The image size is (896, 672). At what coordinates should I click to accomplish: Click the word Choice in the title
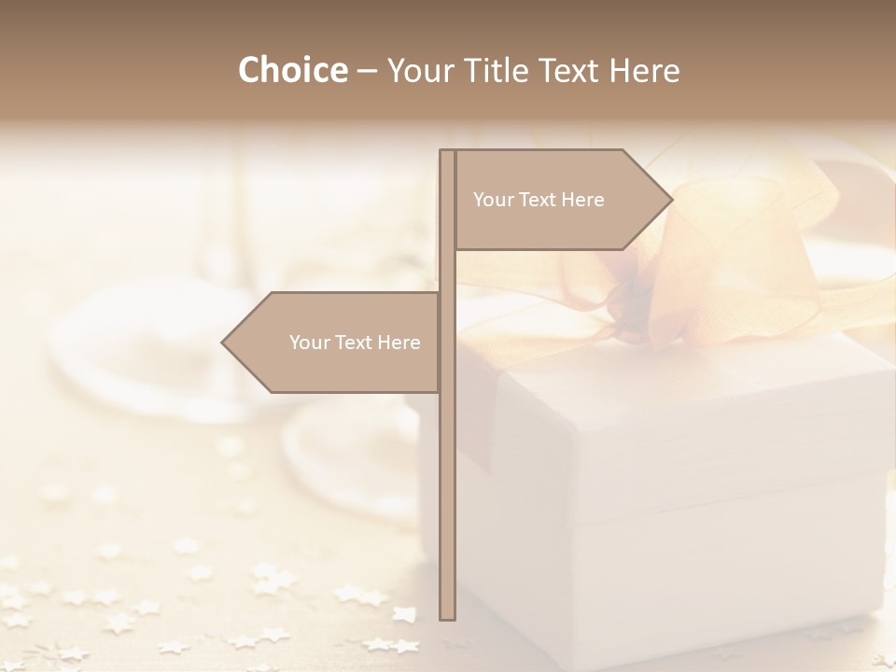292,71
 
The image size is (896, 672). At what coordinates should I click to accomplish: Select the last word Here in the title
644,71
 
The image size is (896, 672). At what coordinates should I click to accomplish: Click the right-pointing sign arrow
560,200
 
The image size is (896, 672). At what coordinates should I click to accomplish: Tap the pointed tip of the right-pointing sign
670,200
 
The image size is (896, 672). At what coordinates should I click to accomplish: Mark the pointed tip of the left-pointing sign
224,343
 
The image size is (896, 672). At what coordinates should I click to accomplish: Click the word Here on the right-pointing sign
582,200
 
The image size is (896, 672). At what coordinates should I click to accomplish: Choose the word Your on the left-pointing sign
308,343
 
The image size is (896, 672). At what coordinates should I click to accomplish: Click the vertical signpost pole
447,467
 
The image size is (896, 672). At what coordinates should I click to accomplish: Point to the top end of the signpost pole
447,152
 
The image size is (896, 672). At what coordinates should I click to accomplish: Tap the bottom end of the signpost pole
447,617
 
